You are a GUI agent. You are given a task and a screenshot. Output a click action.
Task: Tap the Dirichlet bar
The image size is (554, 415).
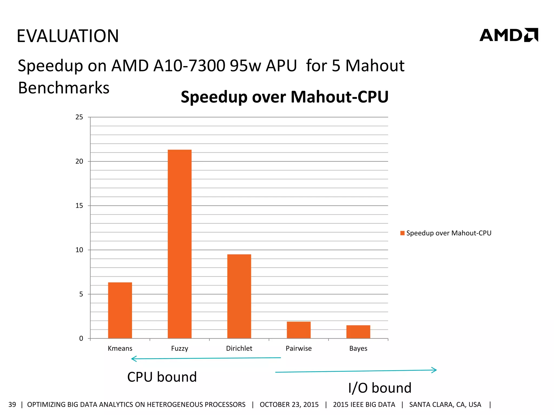239,296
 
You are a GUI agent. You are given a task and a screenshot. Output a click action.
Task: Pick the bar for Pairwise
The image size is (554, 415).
299,330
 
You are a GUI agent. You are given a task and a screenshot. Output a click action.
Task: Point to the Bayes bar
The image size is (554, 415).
358,332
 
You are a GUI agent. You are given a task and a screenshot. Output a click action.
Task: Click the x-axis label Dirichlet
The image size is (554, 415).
239,348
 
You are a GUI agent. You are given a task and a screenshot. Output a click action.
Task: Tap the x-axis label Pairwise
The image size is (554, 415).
299,348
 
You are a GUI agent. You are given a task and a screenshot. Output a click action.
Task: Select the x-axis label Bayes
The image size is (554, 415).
358,348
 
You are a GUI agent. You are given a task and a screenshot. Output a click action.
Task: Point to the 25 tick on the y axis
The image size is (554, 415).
79,117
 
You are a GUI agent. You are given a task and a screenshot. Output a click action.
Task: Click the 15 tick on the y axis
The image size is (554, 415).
79,206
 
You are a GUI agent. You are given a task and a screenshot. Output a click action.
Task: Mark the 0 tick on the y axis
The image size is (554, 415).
81,338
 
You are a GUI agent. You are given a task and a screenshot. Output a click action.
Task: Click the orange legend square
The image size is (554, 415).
402,233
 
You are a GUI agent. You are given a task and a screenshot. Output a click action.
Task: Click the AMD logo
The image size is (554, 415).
509,35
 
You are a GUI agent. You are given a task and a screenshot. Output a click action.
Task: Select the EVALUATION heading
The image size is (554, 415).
68,36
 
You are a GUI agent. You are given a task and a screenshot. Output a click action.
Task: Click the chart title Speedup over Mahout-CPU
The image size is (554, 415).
285,97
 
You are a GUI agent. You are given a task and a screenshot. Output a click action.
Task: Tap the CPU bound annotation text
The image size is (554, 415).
162,377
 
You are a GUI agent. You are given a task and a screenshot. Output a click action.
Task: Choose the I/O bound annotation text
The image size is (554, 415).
380,388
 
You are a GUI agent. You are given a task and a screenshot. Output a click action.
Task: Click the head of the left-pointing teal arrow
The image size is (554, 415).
133,359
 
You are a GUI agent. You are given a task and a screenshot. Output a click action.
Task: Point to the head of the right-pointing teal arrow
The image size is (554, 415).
435,370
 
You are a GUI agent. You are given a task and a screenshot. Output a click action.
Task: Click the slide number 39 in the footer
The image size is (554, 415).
12,404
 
